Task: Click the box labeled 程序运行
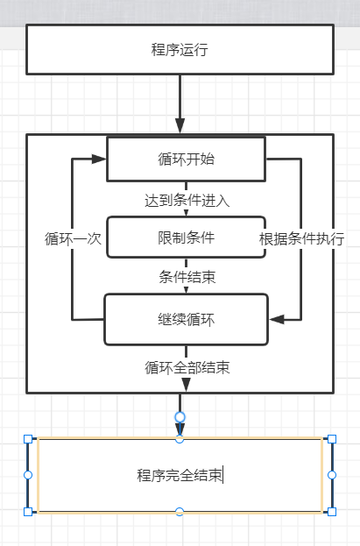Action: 180,49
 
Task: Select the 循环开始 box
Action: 186,159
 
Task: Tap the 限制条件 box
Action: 186,237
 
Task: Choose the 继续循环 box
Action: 186,319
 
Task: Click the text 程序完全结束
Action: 179,475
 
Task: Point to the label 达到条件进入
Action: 187,200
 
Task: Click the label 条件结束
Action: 187,277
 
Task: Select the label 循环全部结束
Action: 187,367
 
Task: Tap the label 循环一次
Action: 74,238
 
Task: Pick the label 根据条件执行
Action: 301,238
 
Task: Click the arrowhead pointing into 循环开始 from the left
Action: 100,160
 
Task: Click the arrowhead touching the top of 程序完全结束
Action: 180,429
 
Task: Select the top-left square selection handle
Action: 27,438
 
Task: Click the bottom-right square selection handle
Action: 331,511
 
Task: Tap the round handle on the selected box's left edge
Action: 27,474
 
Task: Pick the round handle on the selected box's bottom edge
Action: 180,511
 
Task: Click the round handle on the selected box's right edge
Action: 331,474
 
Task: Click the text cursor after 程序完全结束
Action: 223,475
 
